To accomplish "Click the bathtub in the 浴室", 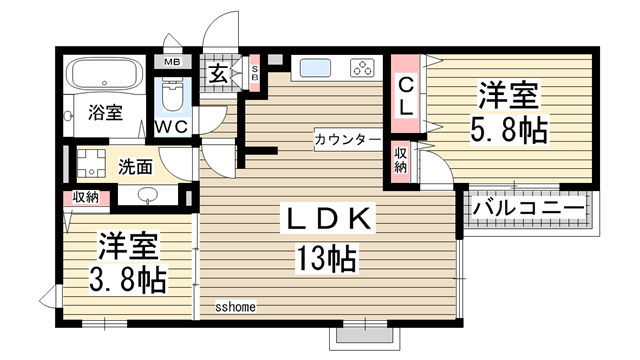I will (105, 74).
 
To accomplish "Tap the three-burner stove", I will (362, 68).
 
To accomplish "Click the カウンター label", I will (346, 138).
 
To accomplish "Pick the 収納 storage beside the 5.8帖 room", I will (400, 160).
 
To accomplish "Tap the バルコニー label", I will (529, 208).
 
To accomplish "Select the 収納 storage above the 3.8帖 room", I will (85, 197).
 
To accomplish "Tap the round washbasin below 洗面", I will (147, 195).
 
